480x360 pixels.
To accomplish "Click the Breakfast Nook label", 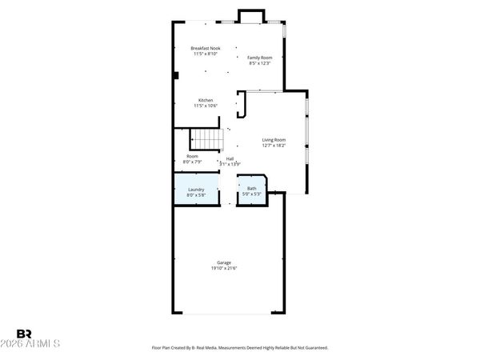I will point(206,49).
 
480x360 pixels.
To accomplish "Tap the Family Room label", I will point(259,58).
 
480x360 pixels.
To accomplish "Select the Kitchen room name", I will point(206,100).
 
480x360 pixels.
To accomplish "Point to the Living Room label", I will point(274,140).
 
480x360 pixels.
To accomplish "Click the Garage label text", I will point(224,262).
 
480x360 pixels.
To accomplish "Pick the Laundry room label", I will point(196,190).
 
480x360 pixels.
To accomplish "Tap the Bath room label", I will point(251,189).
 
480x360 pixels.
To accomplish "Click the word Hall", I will point(230,158).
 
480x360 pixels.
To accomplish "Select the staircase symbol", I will point(208,140).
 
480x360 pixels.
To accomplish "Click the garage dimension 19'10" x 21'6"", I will point(224,268).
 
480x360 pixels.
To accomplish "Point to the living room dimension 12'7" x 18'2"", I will point(274,146).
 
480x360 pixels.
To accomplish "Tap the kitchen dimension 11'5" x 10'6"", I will point(206,106).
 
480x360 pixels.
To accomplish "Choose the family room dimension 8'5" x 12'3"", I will point(259,63).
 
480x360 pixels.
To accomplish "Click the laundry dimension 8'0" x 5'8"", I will point(196,195).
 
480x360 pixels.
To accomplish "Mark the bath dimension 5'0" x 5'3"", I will point(252,194).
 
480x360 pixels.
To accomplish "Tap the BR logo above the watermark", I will point(24,333).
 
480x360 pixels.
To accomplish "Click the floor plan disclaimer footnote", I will point(240,348).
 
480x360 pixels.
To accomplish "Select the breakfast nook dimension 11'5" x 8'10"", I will point(206,54).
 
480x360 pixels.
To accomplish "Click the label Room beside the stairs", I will point(193,156).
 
